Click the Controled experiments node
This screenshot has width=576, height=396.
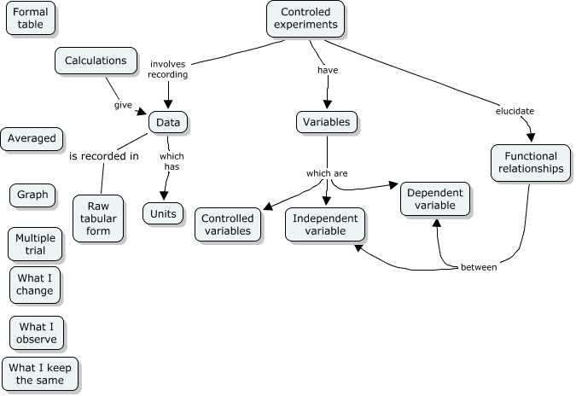point(305,19)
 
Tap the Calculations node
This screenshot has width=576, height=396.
point(96,61)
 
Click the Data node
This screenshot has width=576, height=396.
point(168,123)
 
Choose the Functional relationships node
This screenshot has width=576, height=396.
point(530,163)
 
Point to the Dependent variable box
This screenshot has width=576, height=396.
point(434,199)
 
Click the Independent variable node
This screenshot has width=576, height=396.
point(325,224)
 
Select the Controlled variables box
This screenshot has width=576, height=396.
point(227,224)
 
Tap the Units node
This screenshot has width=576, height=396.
point(163,213)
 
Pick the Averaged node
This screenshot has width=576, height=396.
point(32,138)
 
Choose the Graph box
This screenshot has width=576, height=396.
point(33,195)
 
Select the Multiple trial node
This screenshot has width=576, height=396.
point(35,245)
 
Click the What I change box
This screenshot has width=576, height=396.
point(35,284)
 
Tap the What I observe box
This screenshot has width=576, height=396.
point(37,333)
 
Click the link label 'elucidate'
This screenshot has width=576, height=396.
point(515,111)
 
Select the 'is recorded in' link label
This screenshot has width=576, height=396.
point(104,156)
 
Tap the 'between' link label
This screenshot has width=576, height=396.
point(479,267)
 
